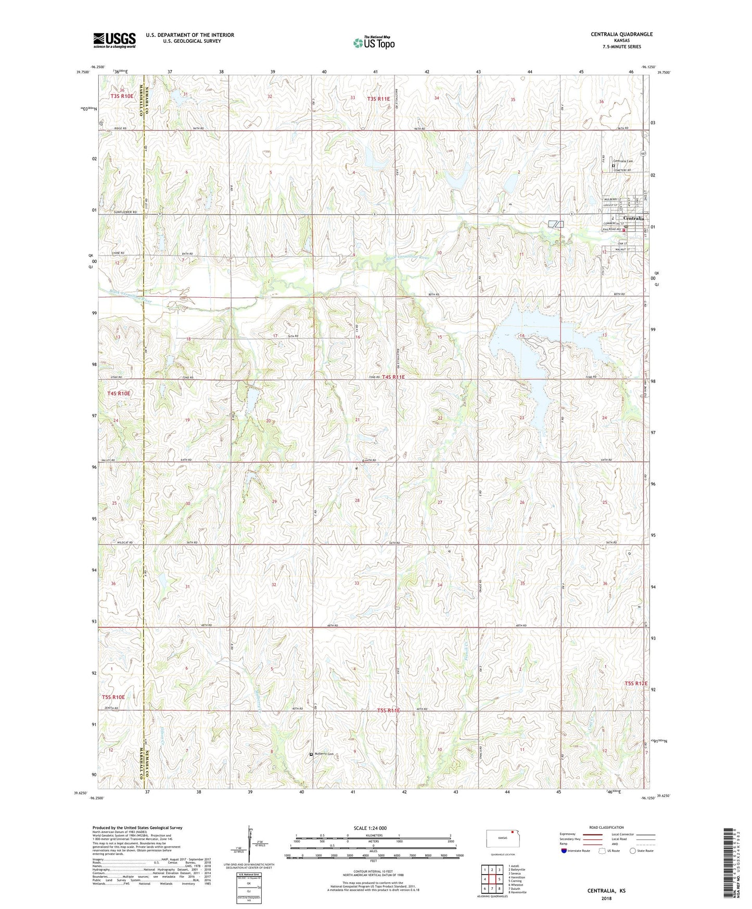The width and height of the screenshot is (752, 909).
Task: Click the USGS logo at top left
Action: click(114, 40)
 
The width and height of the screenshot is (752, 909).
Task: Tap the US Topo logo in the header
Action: click(373, 43)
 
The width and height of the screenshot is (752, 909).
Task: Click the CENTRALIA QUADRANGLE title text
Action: click(621, 34)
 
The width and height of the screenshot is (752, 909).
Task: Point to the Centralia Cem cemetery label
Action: click(623, 161)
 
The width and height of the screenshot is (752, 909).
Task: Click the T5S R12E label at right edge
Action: click(636, 684)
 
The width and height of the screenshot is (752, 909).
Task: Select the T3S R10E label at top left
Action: click(122, 96)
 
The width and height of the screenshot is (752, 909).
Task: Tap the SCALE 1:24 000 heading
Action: click(369, 828)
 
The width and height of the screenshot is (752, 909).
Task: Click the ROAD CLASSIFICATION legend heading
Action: click(606, 827)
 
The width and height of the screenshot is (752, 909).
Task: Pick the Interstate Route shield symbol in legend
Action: click(564, 851)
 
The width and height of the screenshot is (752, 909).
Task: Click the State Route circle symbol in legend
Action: click(632, 851)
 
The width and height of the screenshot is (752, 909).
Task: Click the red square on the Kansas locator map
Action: click(512, 831)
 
